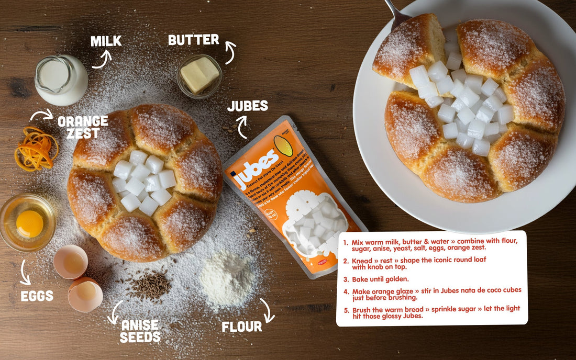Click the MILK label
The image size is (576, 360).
tap(106, 41)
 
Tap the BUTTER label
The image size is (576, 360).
tap(193, 39)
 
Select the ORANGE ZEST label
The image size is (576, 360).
tap(83, 127)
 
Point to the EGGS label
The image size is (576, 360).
tap(37, 296)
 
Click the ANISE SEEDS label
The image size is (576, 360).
tap(140, 331)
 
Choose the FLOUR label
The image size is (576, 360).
tap(241, 327)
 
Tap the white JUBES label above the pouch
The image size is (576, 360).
tap(247, 106)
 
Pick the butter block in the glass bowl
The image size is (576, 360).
tap(200, 75)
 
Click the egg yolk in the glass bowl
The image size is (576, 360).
tap(30, 223)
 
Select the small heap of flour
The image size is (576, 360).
tap(227, 277)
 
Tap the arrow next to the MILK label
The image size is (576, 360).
tap(102, 59)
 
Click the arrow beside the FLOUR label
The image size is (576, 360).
tap(268, 311)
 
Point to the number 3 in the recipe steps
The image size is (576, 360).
tap(346, 279)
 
